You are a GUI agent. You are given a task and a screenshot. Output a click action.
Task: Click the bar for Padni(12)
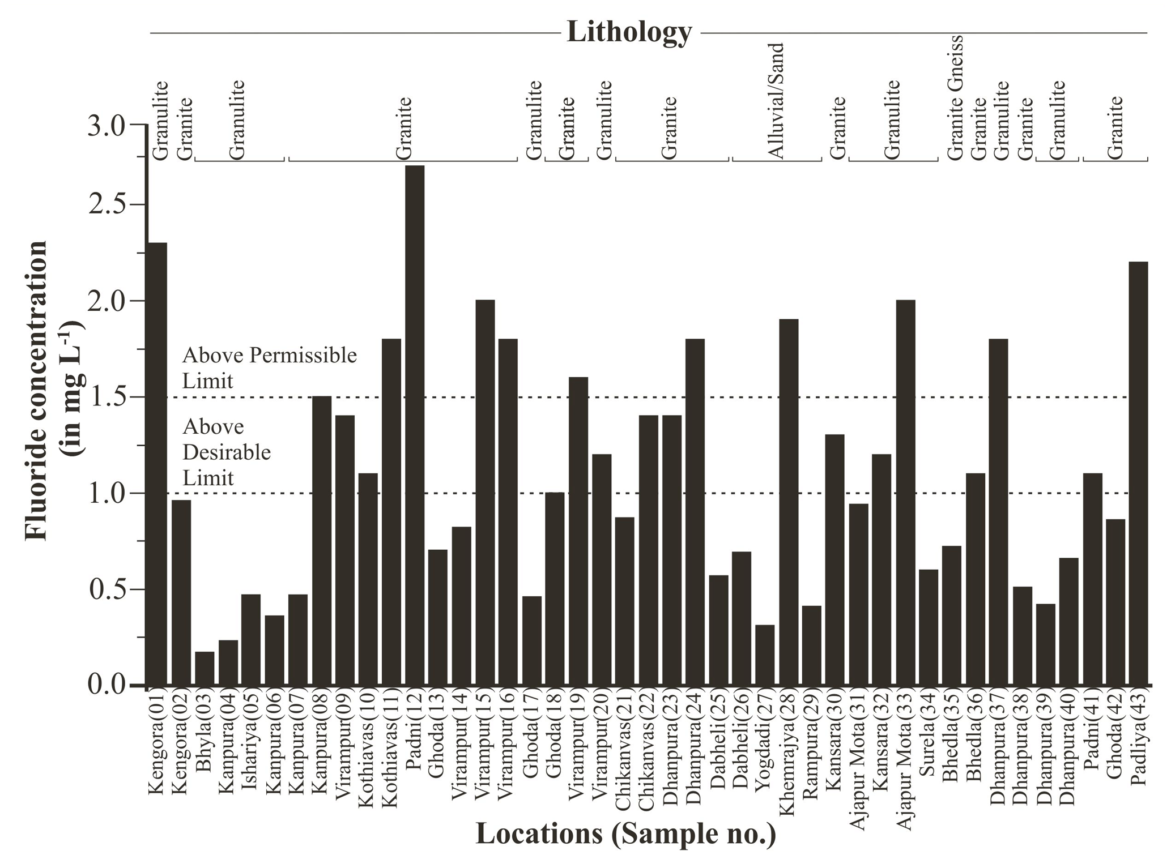pos(415,425)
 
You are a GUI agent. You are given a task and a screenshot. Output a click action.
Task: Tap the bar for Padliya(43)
pos(1138,473)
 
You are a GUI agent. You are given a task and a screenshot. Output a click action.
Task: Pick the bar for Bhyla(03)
pos(205,668)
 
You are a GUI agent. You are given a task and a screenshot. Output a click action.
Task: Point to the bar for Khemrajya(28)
pos(789,502)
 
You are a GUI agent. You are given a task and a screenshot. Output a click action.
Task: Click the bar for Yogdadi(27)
pos(765,655)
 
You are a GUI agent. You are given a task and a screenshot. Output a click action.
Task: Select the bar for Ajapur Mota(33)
pos(905,493)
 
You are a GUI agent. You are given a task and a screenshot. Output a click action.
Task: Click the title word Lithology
pos(629,32)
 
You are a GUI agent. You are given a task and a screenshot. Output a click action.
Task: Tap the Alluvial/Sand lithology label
pos(776,101)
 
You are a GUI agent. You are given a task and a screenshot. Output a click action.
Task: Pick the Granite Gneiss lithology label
pos(955,97)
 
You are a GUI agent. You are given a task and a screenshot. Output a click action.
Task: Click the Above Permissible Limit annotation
pos(269,367)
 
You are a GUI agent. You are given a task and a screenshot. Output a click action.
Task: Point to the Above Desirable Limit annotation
pos(227,452)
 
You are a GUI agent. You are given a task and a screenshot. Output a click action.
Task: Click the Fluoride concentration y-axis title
pos(54,391)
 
